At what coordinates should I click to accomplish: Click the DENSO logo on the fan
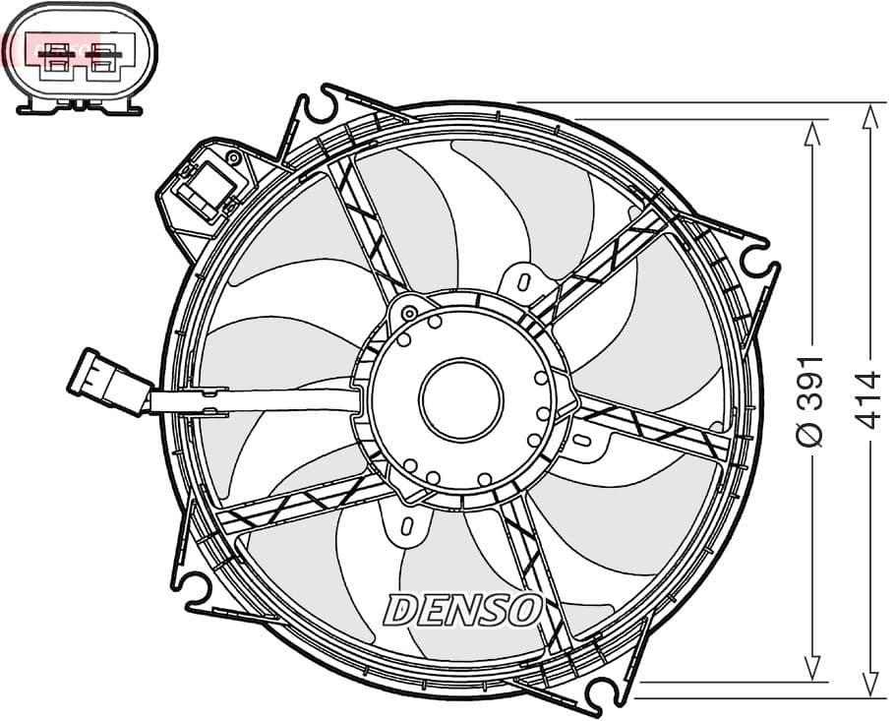pyautogui.click(x=462, y=610)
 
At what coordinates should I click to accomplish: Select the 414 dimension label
pyautogui.click(x=867, y=399)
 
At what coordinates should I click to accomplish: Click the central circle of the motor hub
pyautogui.click(x=460, y=399)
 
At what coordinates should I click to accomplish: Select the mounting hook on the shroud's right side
pyautogui.click(x=758, y=260)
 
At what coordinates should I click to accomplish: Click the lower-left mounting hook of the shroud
pyautogui.click(x=196, y=588)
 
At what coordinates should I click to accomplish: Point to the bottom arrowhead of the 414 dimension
pyautogui.click(x=867, y=685)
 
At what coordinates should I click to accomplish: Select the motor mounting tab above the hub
pyautogui.click(x=520, y=279)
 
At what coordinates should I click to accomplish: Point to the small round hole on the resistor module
pyautogui.click(x=234, y=156)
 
